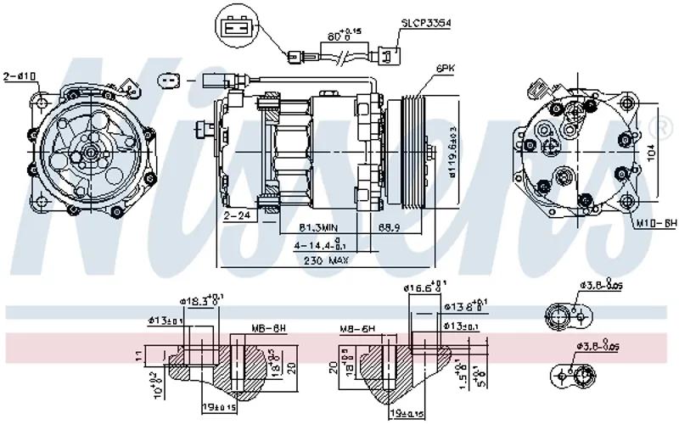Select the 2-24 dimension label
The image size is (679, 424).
point(237,216)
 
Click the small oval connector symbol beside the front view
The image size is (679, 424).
point(170,82)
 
